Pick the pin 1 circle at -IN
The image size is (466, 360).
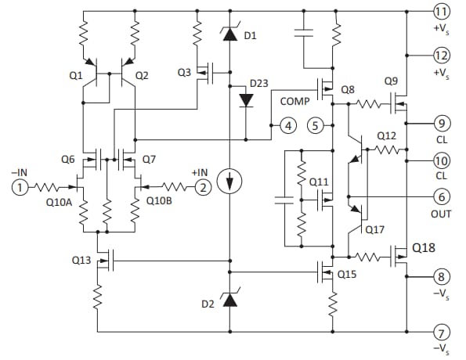point(19,186)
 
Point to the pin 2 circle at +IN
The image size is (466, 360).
point(202,186)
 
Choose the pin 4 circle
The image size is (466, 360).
point(288,125)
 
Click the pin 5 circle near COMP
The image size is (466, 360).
point(316,125)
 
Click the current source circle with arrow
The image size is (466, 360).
point(229,183)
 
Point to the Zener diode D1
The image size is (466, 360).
point(229,34)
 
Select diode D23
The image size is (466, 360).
point(246,99)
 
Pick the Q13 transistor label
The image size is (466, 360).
point(81,260)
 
